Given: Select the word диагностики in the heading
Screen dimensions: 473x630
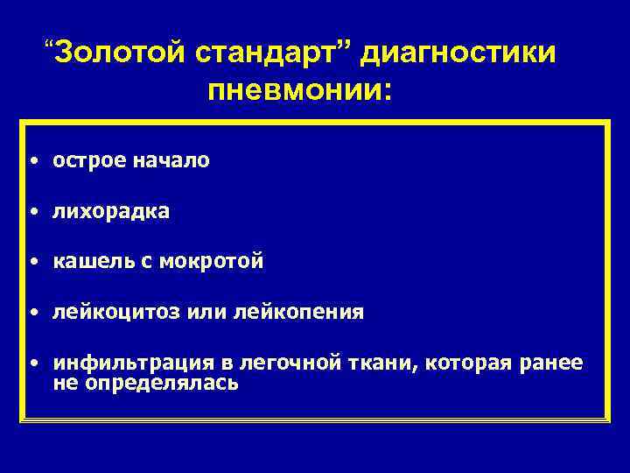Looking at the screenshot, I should point(458,54).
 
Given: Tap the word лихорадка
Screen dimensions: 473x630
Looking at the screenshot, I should point(111,212).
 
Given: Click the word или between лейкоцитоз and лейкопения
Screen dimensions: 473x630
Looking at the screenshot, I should point(205,313).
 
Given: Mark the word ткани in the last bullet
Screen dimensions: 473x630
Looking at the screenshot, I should point(381,363).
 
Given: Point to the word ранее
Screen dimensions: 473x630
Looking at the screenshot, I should point(552,363).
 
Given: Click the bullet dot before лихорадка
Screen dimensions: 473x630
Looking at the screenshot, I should point(31,213).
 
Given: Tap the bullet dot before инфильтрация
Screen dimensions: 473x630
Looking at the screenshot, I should point(31,364).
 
